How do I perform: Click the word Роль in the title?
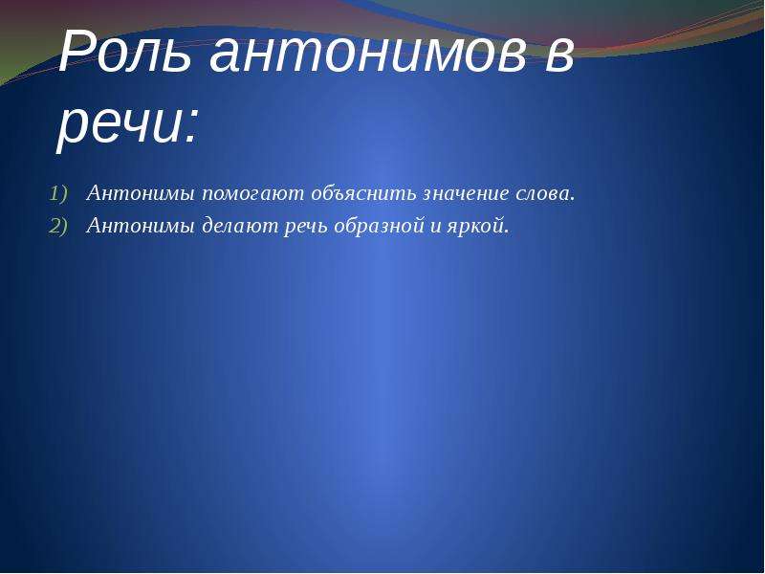125,53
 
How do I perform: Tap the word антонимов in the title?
368,54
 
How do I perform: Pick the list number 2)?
59,226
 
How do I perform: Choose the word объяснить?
363,193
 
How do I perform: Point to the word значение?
465,194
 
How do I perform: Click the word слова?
541,194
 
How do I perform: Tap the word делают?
239,226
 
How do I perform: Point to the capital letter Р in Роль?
76,53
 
